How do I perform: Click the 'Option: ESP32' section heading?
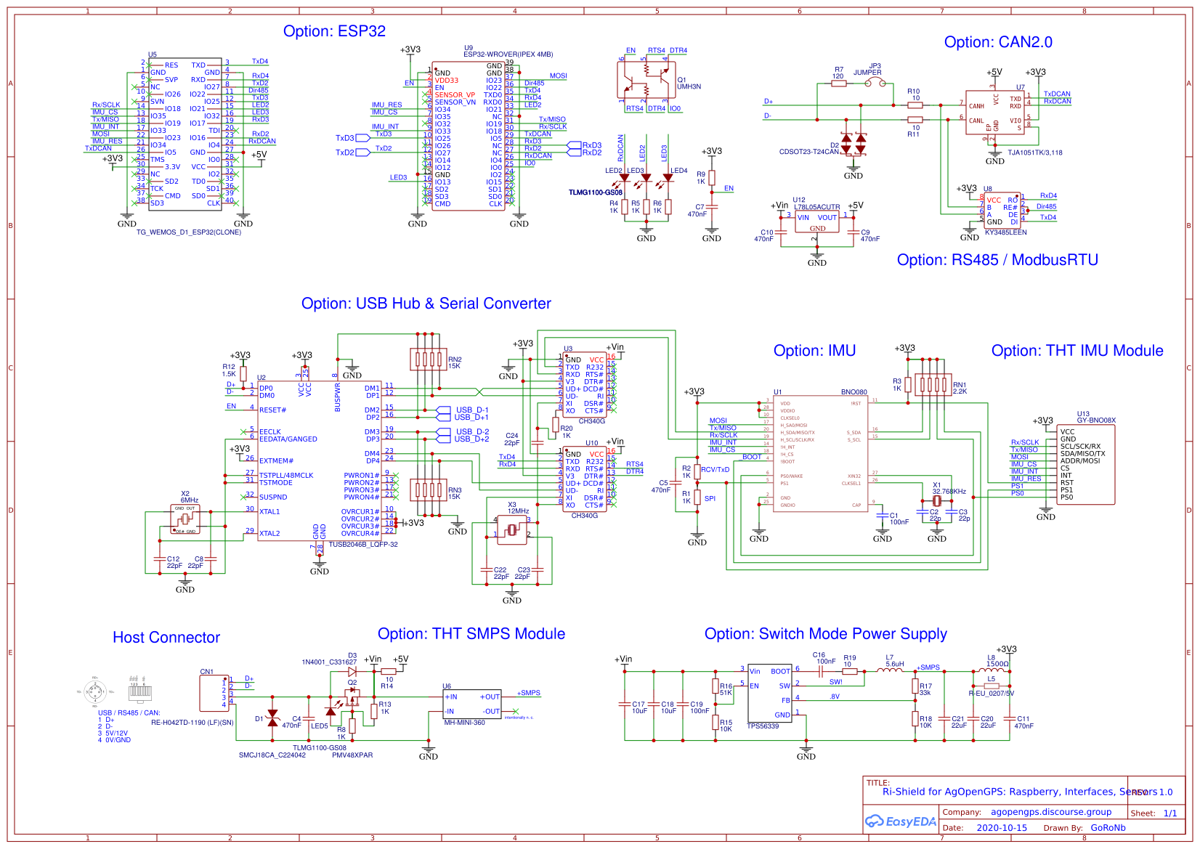(334, 31)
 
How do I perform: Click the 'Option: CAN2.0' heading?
(997, 42)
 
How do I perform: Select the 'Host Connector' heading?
(166, 638)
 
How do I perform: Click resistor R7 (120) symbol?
(838, 84)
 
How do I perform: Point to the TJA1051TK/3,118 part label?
(1034, 153)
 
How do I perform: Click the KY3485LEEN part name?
(1005, 232)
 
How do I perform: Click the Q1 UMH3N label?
(689, 84)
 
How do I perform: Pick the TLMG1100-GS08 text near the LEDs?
(595, 192)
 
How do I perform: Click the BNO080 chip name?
(854, 392)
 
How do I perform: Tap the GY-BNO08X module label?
(1096, 421)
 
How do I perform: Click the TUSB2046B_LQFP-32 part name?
(363, 544)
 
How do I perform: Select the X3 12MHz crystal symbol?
(512, 531)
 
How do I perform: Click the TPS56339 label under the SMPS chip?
(763, 726)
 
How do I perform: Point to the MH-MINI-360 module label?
(464, 723)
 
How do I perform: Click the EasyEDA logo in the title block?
(900, 821)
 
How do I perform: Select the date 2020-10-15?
(1002, 828)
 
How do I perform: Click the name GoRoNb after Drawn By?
(1108, 828)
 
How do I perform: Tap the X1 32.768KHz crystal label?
(949, 488)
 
